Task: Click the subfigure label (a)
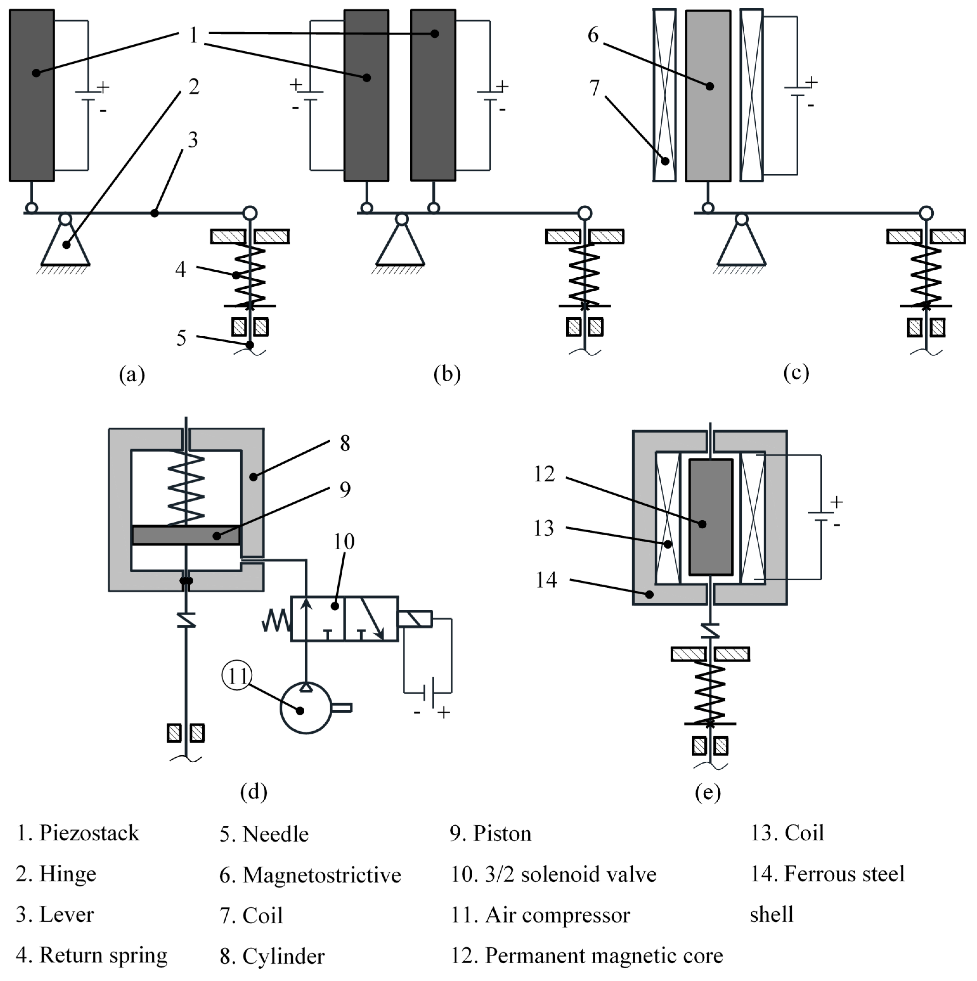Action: point(132,375)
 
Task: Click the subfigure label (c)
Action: point(796,373)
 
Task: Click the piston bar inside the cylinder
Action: point(186,535)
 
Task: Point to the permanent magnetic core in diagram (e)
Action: point(710,517)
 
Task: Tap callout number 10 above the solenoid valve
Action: point(344,542)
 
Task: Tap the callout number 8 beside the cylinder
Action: point(345,443)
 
